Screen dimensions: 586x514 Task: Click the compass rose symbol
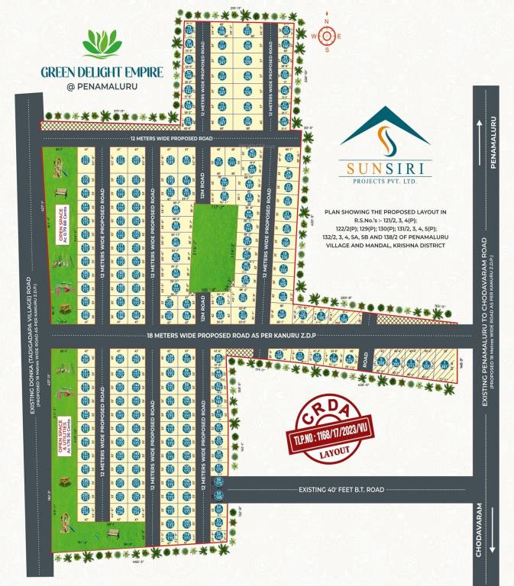pos(327,35)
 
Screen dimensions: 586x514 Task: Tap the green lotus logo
pos(102,45)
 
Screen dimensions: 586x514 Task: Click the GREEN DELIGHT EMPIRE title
pos(102,72)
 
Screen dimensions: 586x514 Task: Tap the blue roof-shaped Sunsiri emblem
pos(385,130)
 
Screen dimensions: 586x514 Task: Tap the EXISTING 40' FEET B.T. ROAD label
pos(341,489)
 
